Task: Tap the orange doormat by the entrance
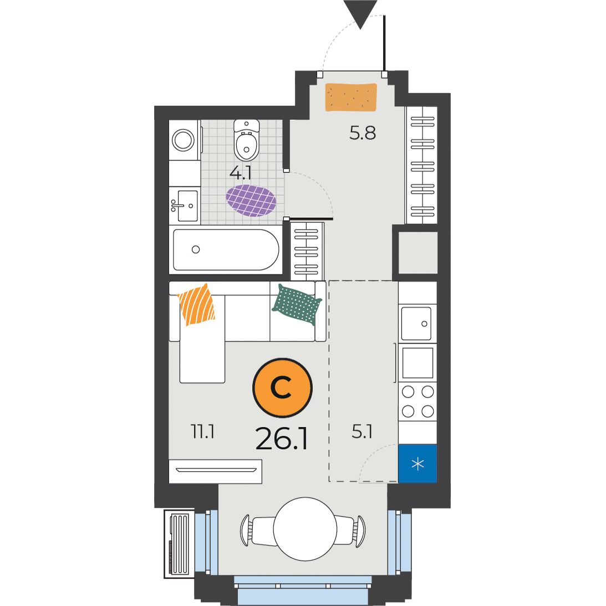[351, 97]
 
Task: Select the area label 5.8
[363, 133]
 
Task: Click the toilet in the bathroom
[247, 140]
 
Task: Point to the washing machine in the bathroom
[185, 140]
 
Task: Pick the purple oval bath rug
[251, 200]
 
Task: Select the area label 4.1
[241, 174]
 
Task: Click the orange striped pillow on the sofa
[197, 304]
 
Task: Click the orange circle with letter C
[282, 388]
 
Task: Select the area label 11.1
[203, 431]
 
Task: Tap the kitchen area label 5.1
[362, 432]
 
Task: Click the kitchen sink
[416, 323]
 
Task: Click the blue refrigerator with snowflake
[418, 464]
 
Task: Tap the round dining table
[305, 529]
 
